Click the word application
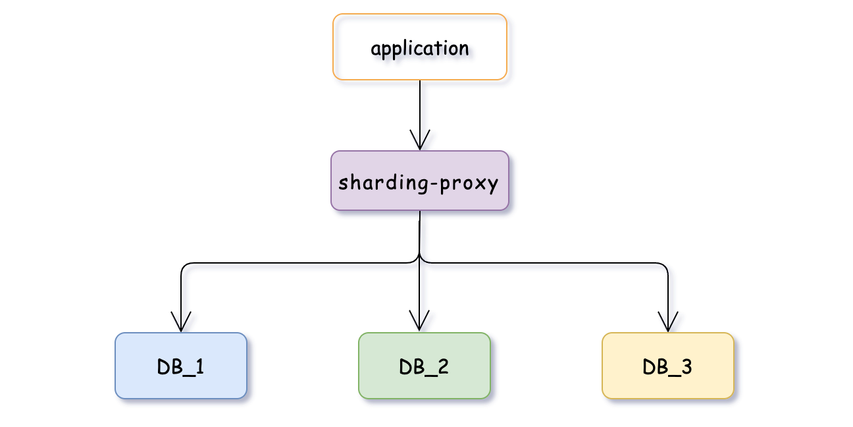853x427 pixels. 420,48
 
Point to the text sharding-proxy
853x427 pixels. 418,183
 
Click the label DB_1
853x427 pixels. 181,366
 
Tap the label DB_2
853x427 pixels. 425,366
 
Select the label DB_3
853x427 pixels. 668,366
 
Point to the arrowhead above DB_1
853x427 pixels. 181,322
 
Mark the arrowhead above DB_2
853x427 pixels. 420,322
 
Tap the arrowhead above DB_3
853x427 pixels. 668,322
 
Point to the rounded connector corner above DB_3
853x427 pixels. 665,266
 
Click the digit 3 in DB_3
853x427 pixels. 686,366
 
